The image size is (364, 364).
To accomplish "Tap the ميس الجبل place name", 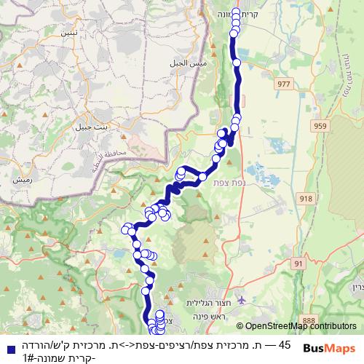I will pos(191,63).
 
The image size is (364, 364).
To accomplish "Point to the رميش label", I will pos(21,178).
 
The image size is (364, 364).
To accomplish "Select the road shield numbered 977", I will pos(283,85).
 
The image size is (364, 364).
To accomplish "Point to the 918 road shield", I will pos(305,197).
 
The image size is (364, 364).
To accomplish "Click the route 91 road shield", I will pos(298,263).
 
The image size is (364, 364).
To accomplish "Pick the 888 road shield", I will pos(310,320).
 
